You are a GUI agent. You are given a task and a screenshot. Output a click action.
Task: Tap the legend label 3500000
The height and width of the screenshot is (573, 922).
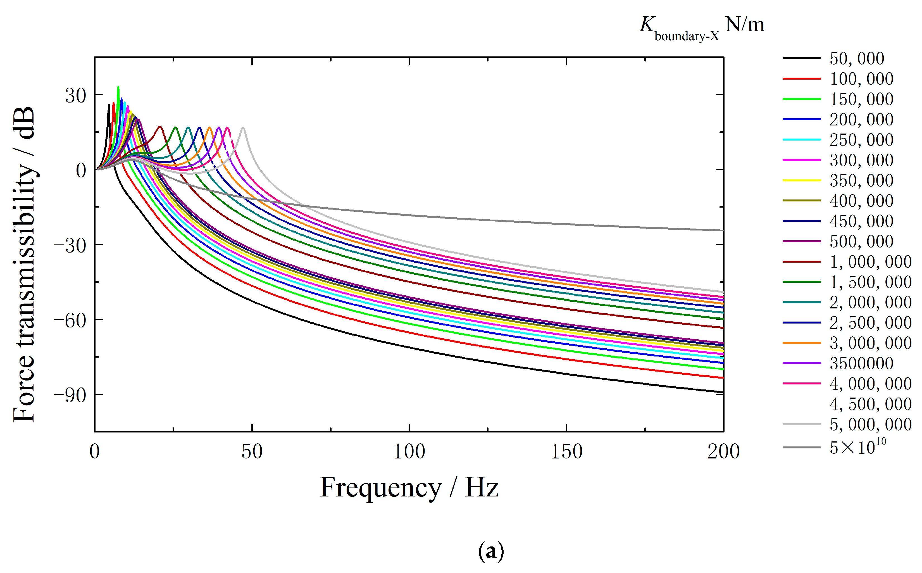[x=861, y=363]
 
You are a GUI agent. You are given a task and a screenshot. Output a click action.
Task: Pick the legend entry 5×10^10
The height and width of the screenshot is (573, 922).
[x=857, y=447]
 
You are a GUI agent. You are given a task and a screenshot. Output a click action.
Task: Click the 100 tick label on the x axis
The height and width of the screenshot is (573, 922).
[x=409, y=452]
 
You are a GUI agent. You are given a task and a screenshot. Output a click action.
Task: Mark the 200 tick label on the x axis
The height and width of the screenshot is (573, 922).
[x=723, y=452]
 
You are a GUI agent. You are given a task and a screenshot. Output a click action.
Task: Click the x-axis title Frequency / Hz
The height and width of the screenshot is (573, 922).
[x=409, y=488]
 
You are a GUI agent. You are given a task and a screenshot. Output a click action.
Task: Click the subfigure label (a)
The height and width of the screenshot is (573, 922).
[x=491, y=552]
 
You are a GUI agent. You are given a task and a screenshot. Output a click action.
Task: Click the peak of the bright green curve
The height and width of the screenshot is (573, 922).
[x=118, y=87]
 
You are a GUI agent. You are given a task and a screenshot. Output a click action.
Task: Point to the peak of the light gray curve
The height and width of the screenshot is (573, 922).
[x=243, y=128]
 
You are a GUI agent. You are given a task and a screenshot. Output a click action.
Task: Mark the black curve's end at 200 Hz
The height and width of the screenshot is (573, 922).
[x=723, y=392]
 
